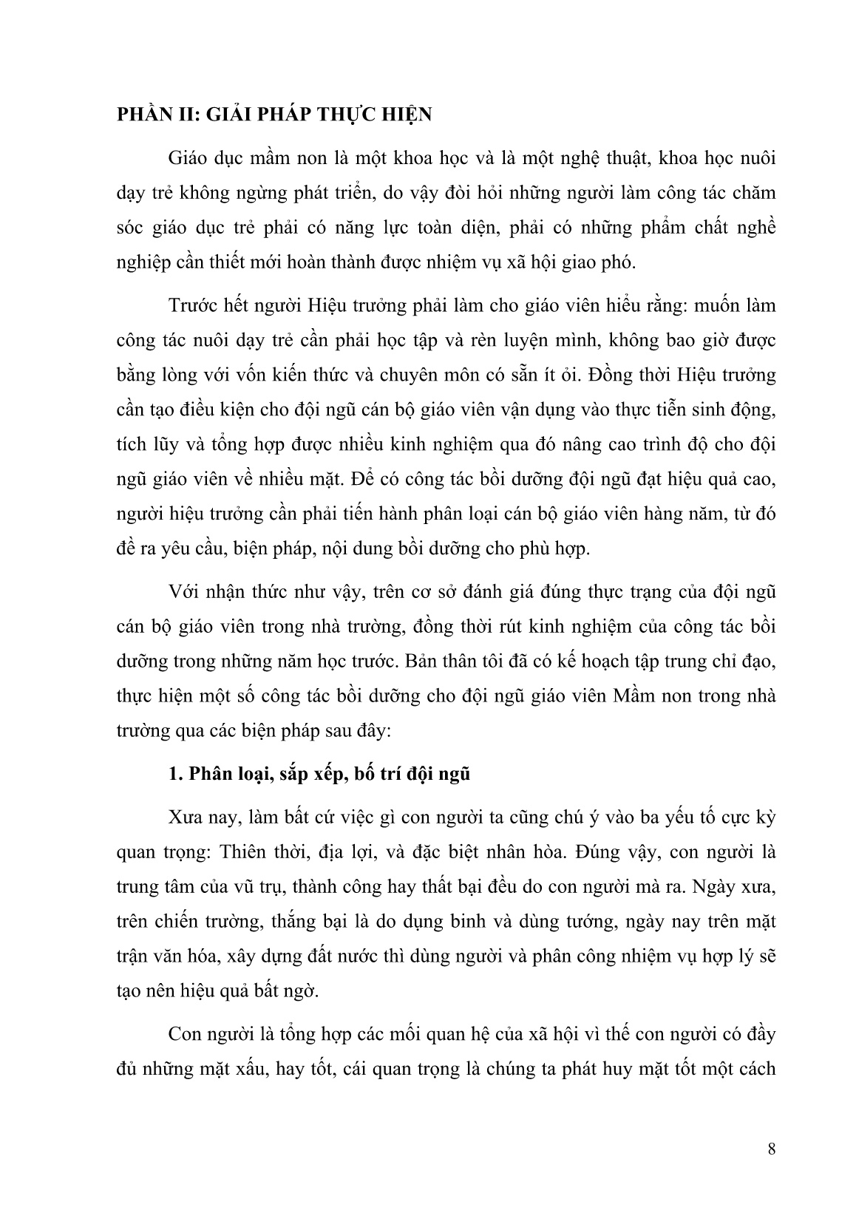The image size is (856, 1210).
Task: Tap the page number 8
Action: coord(772,1149)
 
